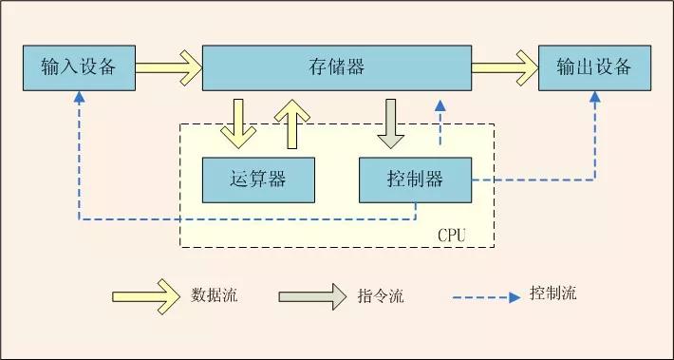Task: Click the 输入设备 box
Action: (x=78, y=66)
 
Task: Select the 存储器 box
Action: (x=337, y=66)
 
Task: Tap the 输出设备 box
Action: (x=594, y=66)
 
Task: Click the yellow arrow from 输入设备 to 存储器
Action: (x=168, y=67)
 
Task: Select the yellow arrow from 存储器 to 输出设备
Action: (x=504, y=67)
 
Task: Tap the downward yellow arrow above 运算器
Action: (x=236, y=123)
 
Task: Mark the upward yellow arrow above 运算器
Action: (x=291, y=123)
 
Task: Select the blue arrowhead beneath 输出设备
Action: (x=595, y=98)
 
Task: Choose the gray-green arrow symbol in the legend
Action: (x=312, y=295)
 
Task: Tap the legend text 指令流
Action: (x=381, y=295)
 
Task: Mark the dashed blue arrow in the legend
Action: (x=488, y=295)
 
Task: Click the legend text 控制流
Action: (x=552, y=294)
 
